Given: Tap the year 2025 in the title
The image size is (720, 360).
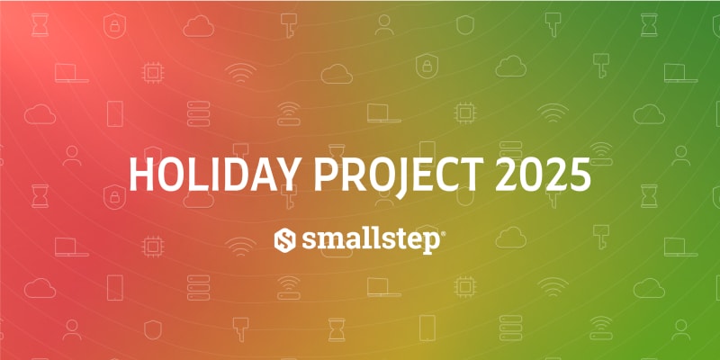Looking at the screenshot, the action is click(x=544, y=175).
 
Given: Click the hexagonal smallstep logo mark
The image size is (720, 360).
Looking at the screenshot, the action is click(x=284, y=240).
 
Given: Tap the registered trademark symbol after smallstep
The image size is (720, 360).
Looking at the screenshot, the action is click(x=443, y=234).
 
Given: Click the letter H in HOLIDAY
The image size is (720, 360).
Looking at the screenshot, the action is click(x=141, y=175).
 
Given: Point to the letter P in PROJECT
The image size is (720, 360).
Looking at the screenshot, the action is click(x=326, y=175).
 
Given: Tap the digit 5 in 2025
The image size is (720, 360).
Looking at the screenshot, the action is click(x=580, y=175).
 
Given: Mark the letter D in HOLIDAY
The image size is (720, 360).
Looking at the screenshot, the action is click(x=236, y=175).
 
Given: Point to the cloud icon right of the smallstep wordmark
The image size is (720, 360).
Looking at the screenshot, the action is click(x=510, y=238).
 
